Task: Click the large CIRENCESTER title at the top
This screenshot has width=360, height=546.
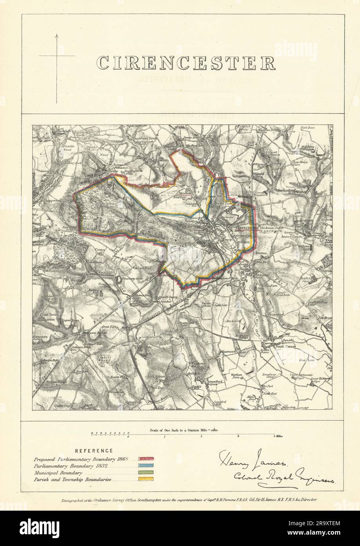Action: [186, 63]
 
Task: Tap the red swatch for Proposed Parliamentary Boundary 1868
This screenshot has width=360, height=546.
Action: [145, 458]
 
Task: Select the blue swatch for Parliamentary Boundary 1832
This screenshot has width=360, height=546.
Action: [145, 465]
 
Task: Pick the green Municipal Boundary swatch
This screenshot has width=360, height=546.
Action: [145, 473]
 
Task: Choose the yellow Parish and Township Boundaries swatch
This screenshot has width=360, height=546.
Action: [145, 480]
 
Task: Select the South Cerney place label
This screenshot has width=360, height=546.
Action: [285, 346]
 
